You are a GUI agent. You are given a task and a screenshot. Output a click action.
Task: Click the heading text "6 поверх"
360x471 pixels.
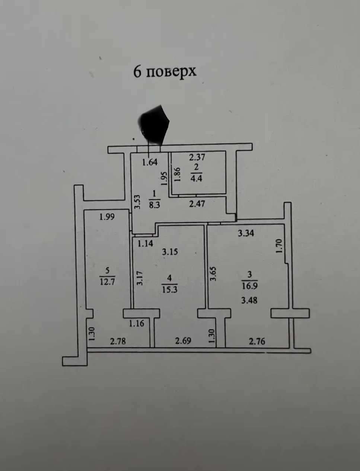[x=165, y=71]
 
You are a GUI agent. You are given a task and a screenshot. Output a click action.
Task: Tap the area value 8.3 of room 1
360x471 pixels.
[x=154, y=205]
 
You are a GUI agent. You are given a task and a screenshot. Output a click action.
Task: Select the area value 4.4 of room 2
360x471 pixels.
[x=196, y=178]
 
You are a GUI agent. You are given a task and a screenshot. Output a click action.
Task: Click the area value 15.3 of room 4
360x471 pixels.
[x=170, y=289]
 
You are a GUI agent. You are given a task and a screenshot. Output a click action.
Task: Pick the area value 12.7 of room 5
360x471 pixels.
[x=107, y=281]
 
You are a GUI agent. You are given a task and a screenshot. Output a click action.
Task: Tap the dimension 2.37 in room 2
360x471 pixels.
[x=197, y=157]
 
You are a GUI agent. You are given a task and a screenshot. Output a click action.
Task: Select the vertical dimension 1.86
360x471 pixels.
[x=177, y=174]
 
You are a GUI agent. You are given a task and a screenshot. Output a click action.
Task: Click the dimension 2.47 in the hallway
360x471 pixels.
[x=197, y=204]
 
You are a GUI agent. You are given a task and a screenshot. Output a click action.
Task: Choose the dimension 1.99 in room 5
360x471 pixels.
[x=107, y=217]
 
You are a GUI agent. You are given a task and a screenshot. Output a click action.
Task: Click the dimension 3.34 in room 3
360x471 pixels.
[x=246, y=233]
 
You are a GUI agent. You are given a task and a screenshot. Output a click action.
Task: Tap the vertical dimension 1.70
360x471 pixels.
[x=280, y=246]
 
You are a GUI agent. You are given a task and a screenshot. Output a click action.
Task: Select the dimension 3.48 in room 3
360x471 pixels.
[x=249, y=300]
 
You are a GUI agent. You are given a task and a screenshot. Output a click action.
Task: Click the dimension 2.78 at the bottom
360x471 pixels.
[x=118, y=340]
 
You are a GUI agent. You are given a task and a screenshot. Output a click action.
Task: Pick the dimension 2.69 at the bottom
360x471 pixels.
[x=183, y=340]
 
